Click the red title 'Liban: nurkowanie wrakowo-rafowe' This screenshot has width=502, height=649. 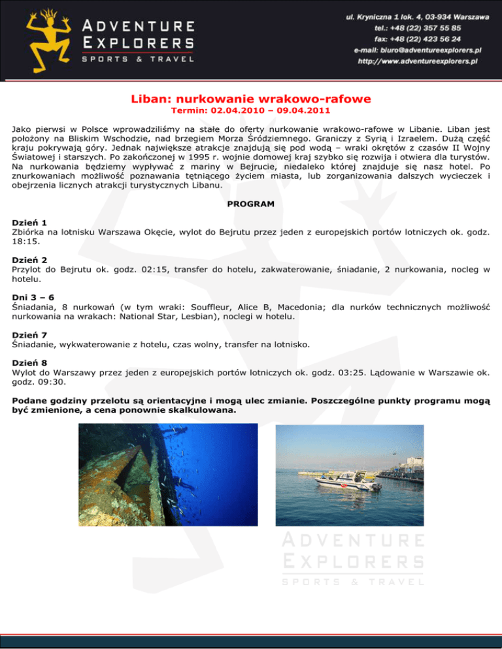[x=251, y=99]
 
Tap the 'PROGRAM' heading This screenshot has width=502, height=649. [x=251, y=204]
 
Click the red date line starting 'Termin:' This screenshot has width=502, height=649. [x=251, y=112]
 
